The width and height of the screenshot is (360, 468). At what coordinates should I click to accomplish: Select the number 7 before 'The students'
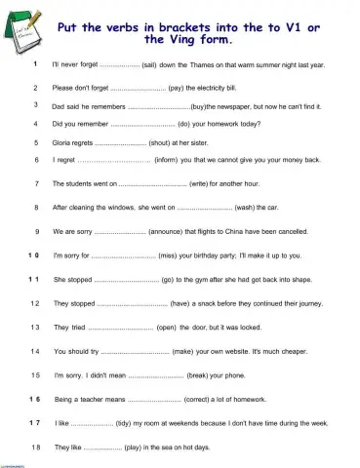(x=35, y=182)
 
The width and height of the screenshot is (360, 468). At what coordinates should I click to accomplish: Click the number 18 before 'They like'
(x=35, y=447)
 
